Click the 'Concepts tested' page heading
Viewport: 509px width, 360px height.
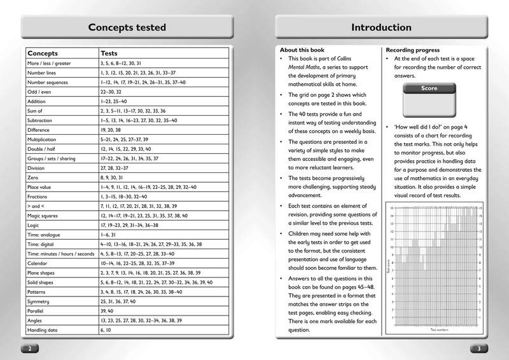click(127, 27)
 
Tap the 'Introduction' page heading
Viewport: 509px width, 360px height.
click(380, 27)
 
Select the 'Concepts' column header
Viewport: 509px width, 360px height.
click(43, 53)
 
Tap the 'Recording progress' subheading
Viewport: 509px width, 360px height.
click(413, 50)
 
